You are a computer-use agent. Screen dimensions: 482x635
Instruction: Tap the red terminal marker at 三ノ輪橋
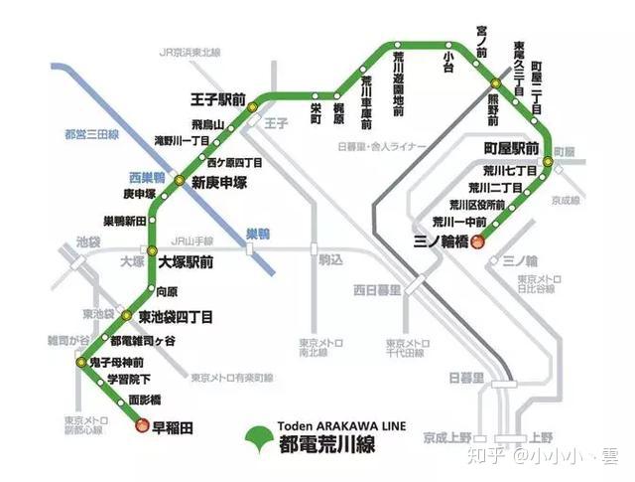point(477,241)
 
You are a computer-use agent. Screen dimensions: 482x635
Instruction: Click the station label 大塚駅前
point(186,262)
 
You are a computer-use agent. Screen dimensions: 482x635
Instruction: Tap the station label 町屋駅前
point(511,148)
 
